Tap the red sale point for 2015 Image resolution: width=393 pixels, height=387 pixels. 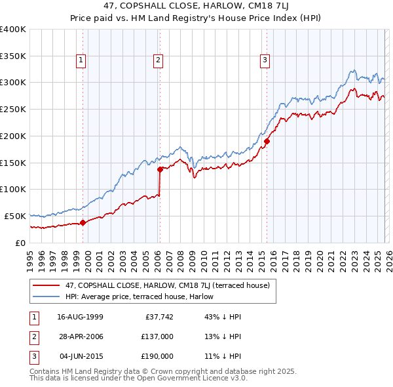pos(267,140)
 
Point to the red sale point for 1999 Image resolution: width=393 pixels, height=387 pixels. pos(83,222)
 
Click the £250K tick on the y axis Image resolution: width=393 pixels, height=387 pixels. pos(12,109)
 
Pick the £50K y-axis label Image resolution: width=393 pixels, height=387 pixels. pos(14,216)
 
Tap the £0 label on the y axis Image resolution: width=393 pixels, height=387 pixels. pos(20,243)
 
